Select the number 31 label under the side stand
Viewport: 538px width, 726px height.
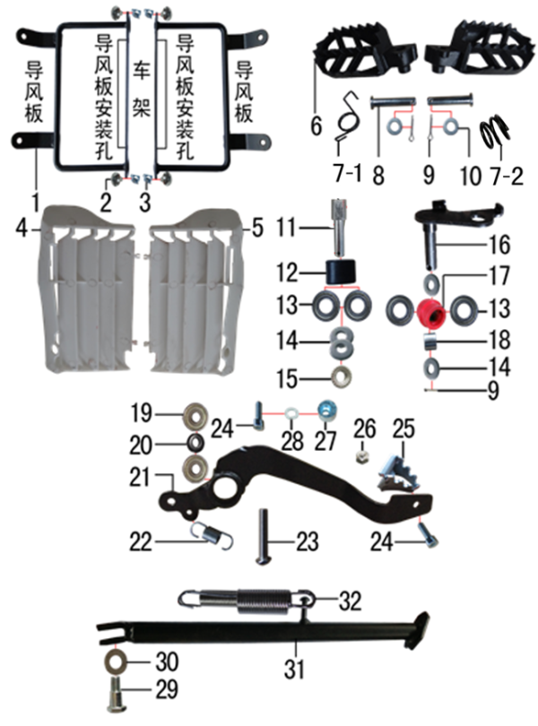click(x=297, y=668)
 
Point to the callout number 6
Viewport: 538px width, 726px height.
click(x=317, y=126)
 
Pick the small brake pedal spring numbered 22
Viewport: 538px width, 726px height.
click(x=213, y=535)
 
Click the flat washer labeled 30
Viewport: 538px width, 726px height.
click(x=116, y=663)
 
